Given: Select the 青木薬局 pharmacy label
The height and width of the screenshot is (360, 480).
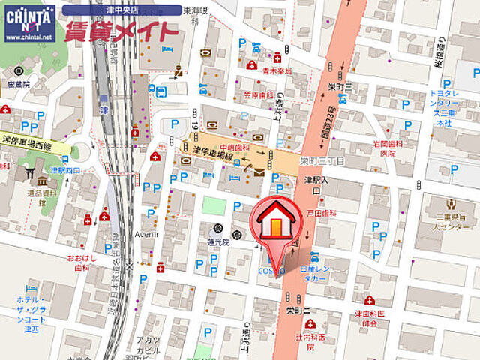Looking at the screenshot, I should (277, 70).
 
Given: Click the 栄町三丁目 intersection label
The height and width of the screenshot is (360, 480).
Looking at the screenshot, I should (321, 161).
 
